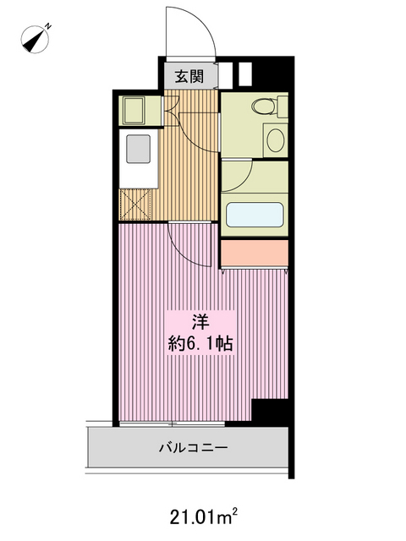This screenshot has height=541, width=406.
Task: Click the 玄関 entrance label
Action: [x=189, y=77]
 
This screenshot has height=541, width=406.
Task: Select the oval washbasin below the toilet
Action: [x=274, y=139]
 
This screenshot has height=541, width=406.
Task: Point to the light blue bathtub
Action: [x=255, y=213]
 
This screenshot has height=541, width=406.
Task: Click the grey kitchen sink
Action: [x=137, y=149]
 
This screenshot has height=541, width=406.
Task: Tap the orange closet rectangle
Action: [x=255, y=252]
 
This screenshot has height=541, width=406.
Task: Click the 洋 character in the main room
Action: [x=200, y=322]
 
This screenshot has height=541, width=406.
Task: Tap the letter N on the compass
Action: [x=48, y=25]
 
